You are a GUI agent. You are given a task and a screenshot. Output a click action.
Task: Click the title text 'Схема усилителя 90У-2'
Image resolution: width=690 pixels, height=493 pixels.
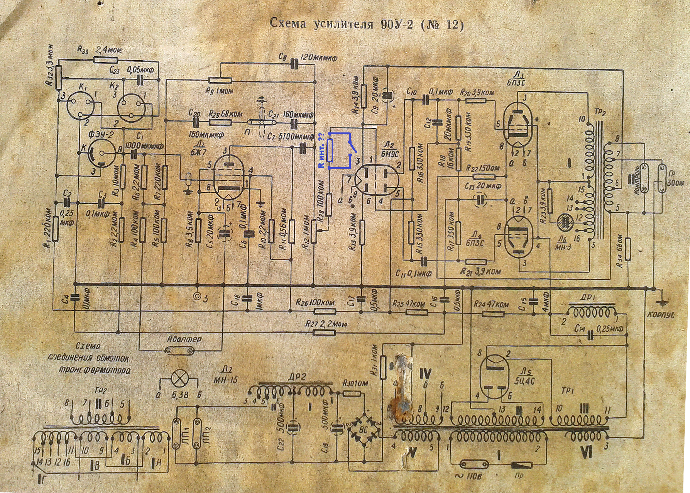[366, 24]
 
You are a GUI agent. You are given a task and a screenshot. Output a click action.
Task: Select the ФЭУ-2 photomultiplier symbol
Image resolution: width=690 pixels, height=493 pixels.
[101, 153]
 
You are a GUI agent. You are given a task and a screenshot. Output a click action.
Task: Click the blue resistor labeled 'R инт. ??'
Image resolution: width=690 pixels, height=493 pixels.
[330, 150]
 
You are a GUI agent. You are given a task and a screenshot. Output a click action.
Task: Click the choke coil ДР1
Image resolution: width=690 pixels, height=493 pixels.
[590, 312]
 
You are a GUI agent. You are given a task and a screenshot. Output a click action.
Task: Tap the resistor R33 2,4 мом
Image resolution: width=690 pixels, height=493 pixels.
[106, 59]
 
